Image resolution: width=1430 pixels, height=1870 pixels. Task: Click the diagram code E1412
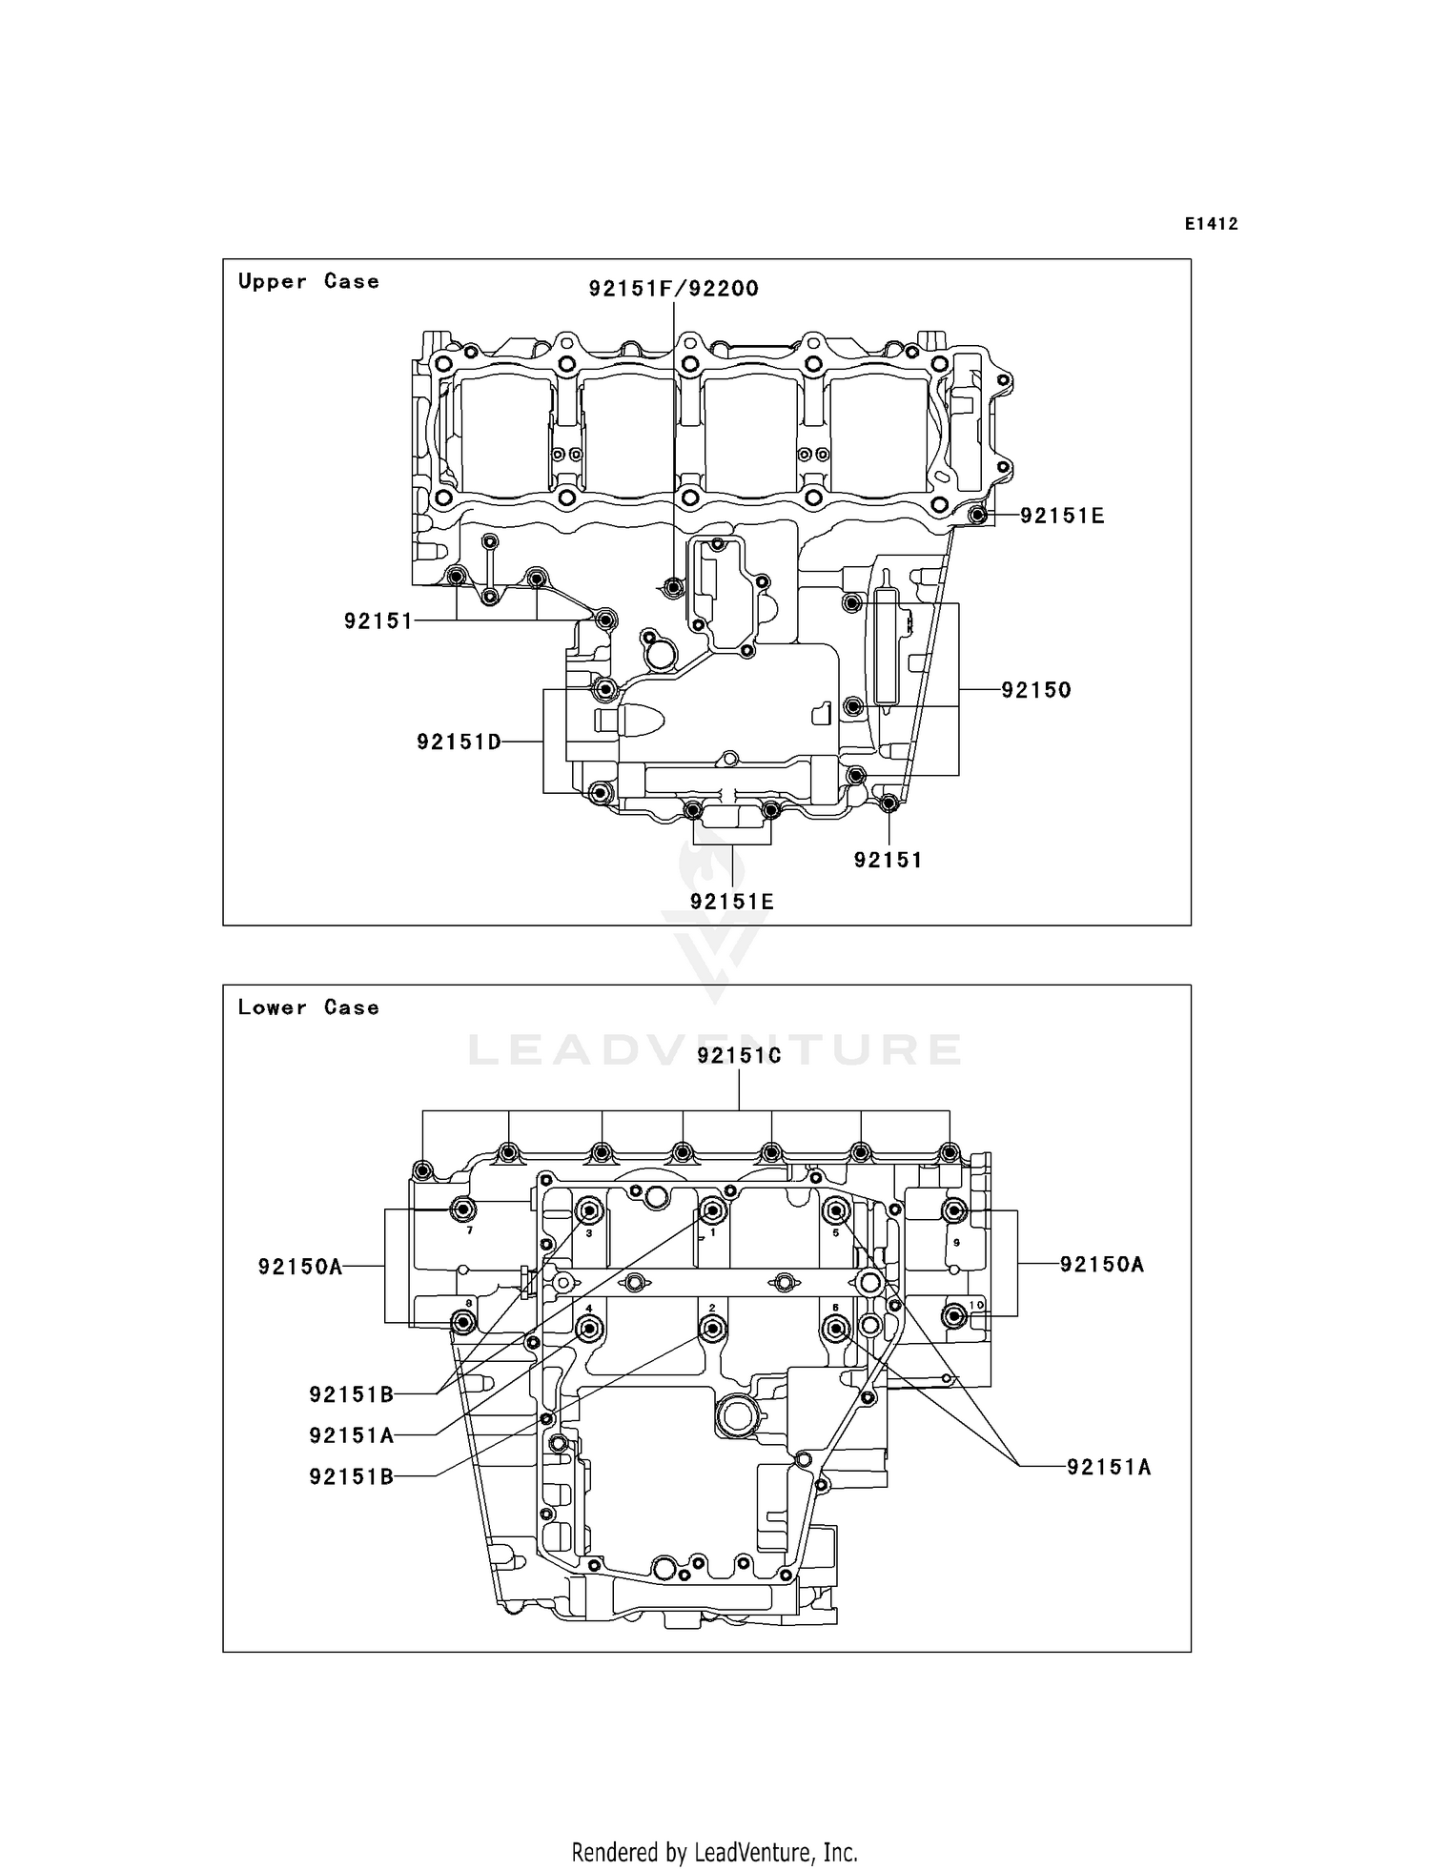[1211, 224]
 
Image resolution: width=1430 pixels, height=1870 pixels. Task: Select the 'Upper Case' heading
[308, 281]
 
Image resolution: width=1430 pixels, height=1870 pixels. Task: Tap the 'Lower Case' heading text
[308, 1007]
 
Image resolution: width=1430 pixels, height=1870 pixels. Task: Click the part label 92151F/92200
[673, 288]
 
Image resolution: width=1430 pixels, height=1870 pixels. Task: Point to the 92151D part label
[459, 742]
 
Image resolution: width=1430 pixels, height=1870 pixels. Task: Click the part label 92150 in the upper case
[1035, 689]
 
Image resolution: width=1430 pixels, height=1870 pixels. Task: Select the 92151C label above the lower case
[739, 1055]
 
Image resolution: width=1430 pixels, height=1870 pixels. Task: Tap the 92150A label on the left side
[299, 1267]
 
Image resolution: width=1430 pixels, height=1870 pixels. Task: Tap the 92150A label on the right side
[1101, 1264]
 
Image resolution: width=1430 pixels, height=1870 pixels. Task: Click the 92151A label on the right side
[1108, 1467]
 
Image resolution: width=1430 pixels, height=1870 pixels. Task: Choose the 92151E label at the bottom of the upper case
[731, 901]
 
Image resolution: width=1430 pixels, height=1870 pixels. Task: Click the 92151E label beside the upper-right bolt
[1061, 516]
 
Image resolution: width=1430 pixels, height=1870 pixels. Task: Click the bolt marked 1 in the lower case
[712, 1210]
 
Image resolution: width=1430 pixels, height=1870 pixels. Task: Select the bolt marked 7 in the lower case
[463, 1210]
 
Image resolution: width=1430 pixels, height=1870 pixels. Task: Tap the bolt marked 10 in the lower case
[953, 1316]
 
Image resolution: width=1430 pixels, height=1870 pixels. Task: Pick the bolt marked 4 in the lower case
[589, 1328]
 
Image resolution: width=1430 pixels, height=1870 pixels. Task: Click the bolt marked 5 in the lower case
[836, 1211]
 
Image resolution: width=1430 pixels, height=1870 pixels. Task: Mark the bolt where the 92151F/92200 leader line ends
[674, 587]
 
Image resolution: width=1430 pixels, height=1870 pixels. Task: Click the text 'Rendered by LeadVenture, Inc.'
[714, 1853]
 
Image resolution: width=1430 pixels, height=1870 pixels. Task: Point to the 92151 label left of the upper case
[378, 621]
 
